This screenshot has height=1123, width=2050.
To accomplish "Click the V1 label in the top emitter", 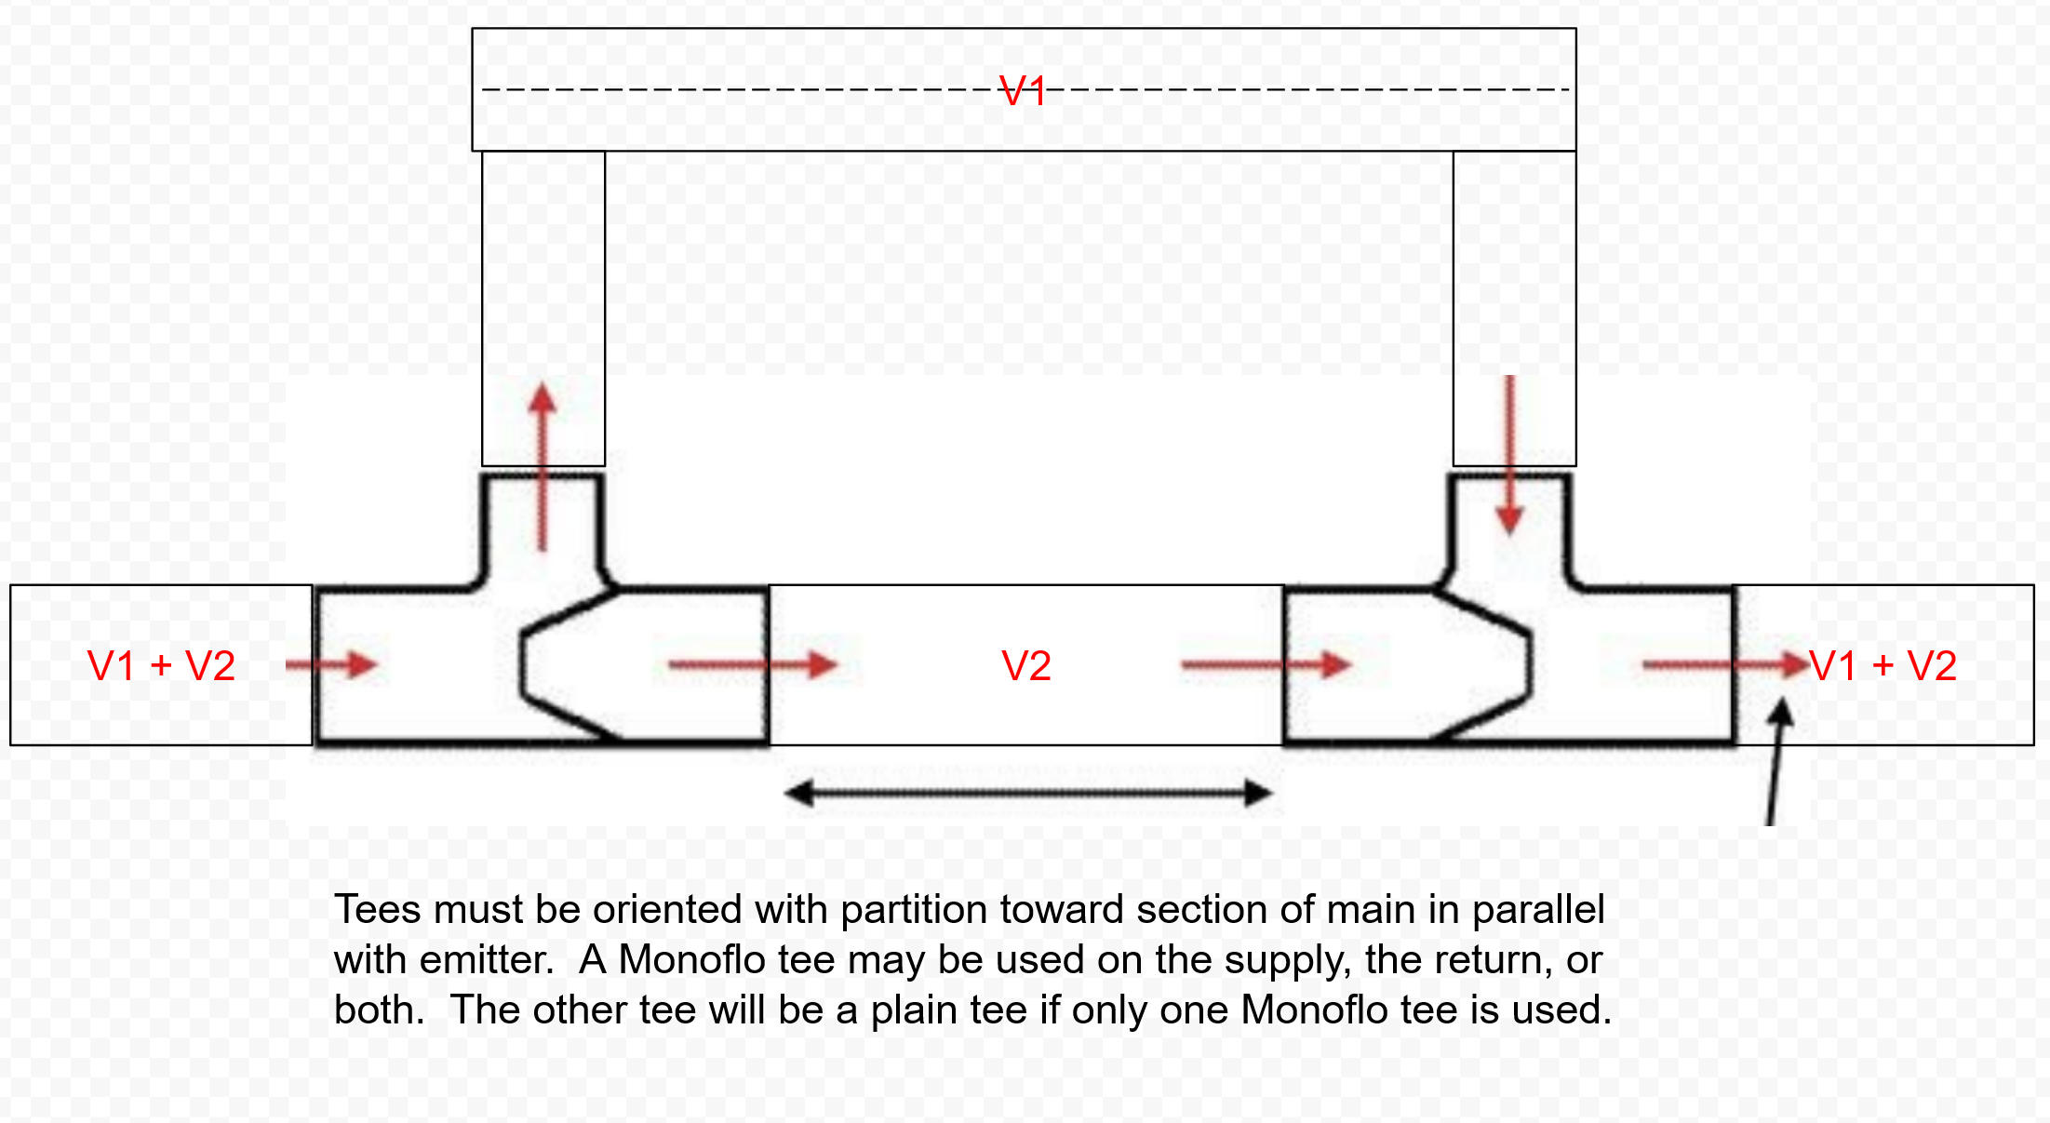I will tap(1022, 91).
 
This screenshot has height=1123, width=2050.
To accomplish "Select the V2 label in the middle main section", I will tap(1026, 666).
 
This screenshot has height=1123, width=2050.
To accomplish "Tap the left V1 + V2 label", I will tap(161, 666).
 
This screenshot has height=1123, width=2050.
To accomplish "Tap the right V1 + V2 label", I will tap(1883, 666).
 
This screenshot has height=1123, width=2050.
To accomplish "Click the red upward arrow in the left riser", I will tap(543, 465).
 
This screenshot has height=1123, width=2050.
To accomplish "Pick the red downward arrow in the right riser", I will tap(1509, 456).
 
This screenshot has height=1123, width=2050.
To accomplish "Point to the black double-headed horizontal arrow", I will tap(1028, 794).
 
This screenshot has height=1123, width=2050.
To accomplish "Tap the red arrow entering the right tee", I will tap(1266, 664).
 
